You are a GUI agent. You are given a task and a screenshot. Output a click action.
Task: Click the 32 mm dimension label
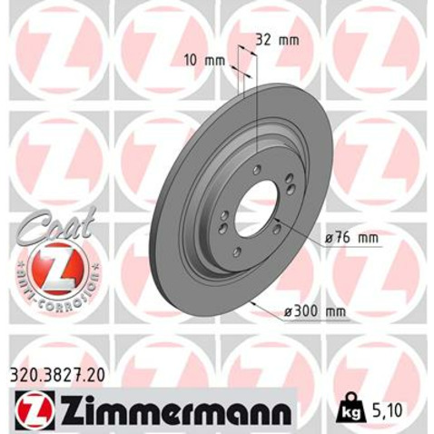[x=278, y=39]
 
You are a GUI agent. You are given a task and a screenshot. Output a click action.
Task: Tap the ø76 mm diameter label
[x=350, y=239]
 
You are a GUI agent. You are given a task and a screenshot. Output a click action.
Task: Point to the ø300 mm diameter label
[x=315, y=311]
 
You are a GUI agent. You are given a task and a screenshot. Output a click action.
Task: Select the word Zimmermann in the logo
[x=173, y=411]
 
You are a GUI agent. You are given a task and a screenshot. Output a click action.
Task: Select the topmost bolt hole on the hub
[x=259, y=169]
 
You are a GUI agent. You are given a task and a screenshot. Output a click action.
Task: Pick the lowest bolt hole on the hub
[x=238, y=252]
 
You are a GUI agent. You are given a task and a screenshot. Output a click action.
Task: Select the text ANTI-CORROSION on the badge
[x=54, y=289]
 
